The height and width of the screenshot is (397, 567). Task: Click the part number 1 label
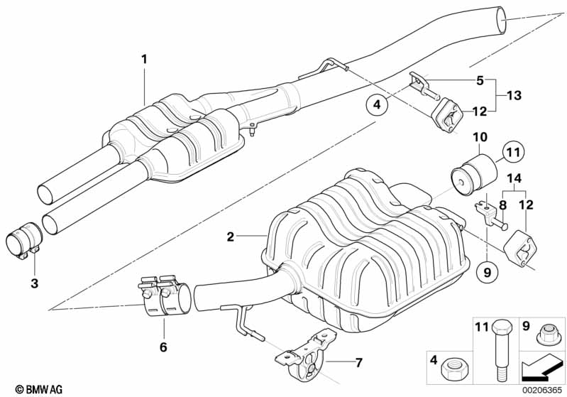(x=144, y=59)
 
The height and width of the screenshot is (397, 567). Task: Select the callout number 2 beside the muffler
(x=231, y=236)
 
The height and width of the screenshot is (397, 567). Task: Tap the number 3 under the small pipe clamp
(x=34, y=283)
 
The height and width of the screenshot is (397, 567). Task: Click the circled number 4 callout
(x=377, y=104)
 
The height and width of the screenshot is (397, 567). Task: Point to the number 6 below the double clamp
(x=163, y=347)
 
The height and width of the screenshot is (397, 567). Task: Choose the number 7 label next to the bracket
(x=358, y=362)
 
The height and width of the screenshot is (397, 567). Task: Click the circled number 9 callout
(x=487, y=272)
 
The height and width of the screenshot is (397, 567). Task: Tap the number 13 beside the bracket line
(x=514, y=96)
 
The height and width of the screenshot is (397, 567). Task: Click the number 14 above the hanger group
(x=514, y=178)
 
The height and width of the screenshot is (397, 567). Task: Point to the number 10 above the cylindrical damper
(x=480, y=137)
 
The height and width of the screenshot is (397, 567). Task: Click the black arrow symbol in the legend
(x=541, y=367)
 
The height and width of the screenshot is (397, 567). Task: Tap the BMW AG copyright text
(x=39, y=389)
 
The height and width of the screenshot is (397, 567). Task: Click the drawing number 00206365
(x=541, y=390)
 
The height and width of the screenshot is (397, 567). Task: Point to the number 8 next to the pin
(x=502, y=205)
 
